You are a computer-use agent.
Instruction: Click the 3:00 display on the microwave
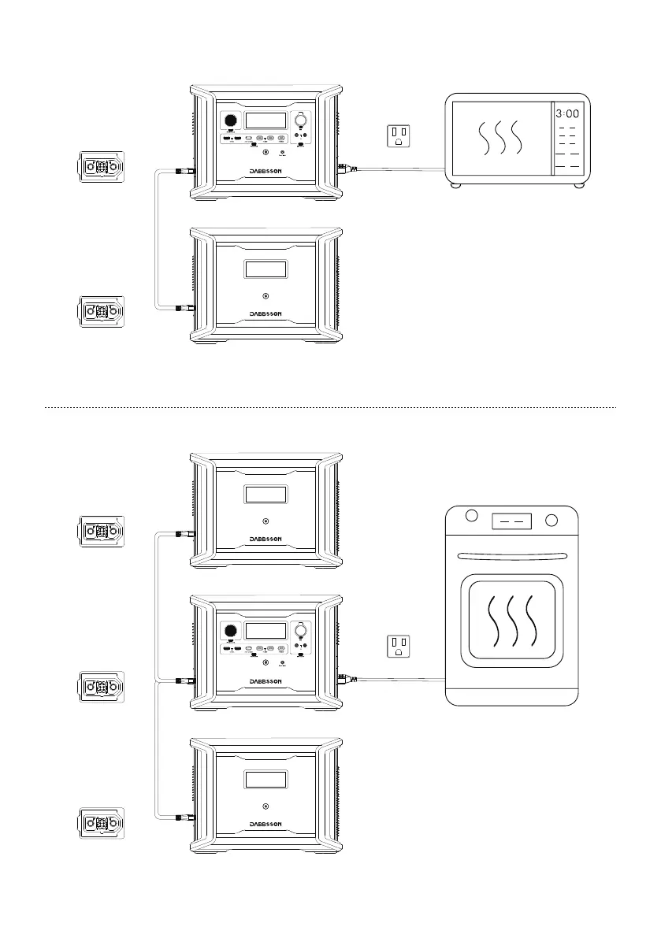tap(567, 113)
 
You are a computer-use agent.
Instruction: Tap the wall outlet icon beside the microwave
tap(399, 136)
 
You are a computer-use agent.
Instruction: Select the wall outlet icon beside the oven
tap(399, 647)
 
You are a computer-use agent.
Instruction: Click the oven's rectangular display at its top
tap(511, 521)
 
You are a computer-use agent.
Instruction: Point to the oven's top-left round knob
tap(472, 517)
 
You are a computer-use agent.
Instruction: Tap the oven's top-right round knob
tap(552, 520)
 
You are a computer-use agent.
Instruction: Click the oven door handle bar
tap(511, 553)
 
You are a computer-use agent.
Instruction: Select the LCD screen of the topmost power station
tap(266, 121)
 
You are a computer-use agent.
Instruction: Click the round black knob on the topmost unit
tap(230, 121)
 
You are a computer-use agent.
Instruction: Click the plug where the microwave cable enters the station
tap(345, 167)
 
